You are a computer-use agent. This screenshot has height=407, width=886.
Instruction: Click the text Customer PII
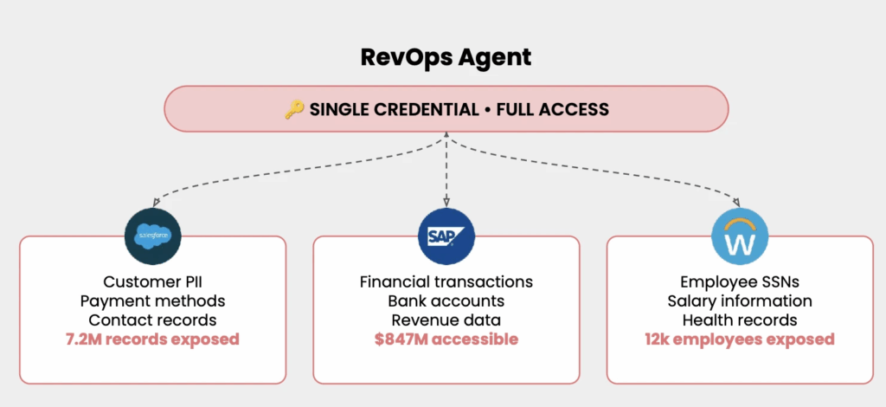(152, 282)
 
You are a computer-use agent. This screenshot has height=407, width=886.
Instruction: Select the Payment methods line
(152, 301)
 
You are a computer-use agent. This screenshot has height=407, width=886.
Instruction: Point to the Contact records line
(152, 320)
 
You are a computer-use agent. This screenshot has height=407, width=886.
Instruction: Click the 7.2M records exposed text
(152, 339)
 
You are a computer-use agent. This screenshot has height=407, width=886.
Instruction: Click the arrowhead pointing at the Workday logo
(735, 200)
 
